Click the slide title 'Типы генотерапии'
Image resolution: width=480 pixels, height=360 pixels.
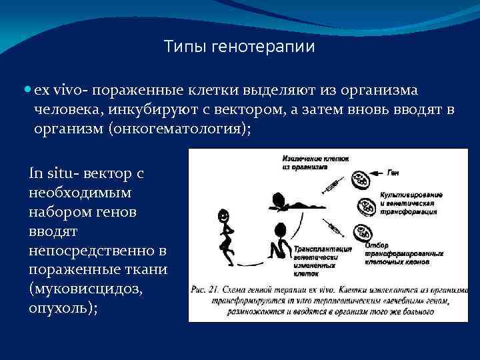click(239, 47)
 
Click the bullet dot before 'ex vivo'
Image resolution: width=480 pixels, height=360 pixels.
click(26, 90)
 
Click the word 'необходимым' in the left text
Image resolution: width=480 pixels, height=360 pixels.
click(81, 193)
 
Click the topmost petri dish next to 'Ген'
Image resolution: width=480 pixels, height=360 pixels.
click(361, 178)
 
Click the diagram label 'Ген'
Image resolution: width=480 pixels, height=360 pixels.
click(395, 173)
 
